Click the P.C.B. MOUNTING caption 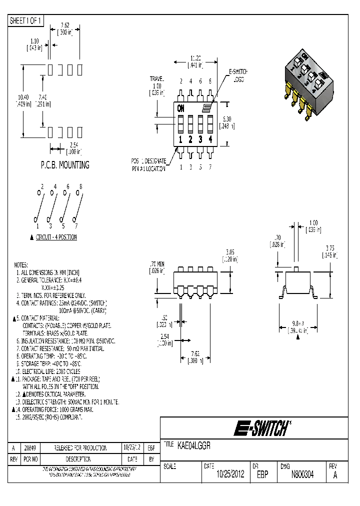[x=65, y=164]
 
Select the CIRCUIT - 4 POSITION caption [x=56, y=237]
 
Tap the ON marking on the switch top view [x=180, y=107]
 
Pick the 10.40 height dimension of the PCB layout [x=23, y=96]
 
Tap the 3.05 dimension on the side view [x=230, y=252]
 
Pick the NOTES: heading [x=21, y=264]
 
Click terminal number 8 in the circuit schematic [x=80, y=186]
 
